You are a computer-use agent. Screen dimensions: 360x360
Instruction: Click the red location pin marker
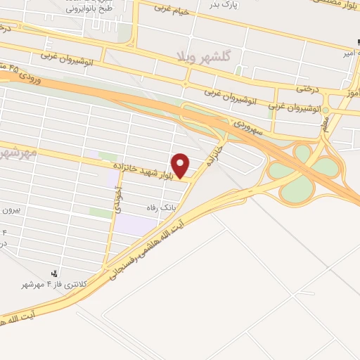(181, 165)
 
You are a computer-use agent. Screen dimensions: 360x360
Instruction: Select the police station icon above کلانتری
(54, 273)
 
